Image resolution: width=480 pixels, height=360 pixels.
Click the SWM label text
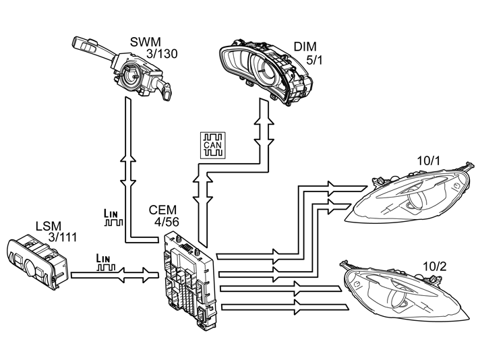coord(146,42)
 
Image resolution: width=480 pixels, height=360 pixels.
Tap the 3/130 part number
coord(162,53)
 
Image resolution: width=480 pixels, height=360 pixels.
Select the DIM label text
coord(305,47)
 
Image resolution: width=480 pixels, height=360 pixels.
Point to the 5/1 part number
coord(314,60)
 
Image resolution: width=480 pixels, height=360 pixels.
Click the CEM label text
coord(163,210)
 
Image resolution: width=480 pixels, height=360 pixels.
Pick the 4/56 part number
coord(167,222)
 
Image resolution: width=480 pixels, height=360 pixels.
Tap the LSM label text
coord(49,227)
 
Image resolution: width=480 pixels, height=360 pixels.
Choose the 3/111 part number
coord(63,237)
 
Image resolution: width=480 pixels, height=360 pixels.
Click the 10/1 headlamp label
coord(428,160)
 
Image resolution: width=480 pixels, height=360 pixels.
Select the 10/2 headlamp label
coord(434,267)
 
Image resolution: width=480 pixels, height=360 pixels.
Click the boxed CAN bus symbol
coord(213,146)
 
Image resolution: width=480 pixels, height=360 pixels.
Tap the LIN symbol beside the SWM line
coord(113,217)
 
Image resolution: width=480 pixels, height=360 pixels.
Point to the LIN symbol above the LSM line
coord(106,262)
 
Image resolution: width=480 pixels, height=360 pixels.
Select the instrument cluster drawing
coord(266,72)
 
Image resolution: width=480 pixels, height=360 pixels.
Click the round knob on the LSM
coord(30,267)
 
